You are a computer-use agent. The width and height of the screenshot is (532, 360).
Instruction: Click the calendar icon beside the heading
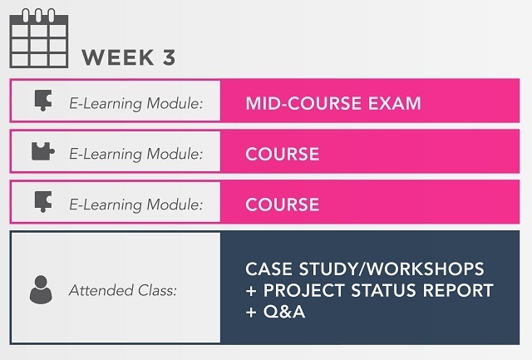[39, 38]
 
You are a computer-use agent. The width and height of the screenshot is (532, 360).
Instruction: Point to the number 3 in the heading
[169, 57]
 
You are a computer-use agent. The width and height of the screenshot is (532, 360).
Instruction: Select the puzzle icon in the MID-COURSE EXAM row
[43, 101]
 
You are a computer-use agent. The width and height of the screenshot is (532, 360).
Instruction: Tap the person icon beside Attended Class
[41, 289]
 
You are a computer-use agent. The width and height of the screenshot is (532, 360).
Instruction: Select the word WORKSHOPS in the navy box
[426, 269]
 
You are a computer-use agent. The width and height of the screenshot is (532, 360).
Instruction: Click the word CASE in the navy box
[268, 269]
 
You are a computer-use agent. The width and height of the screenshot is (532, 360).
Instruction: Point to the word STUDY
[328, 269]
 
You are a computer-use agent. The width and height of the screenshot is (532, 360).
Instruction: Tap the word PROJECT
[304, 290]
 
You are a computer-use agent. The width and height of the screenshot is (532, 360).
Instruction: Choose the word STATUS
[383, 290]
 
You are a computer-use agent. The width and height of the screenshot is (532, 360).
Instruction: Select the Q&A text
[284, 312]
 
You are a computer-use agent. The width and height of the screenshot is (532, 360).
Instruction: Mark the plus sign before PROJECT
[251, 291]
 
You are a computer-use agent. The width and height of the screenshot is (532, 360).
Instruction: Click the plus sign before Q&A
[251, 313]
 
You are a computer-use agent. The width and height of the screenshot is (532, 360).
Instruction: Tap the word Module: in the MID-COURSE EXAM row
[175, 103]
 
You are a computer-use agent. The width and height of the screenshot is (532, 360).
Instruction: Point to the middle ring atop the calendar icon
[38, 15]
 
